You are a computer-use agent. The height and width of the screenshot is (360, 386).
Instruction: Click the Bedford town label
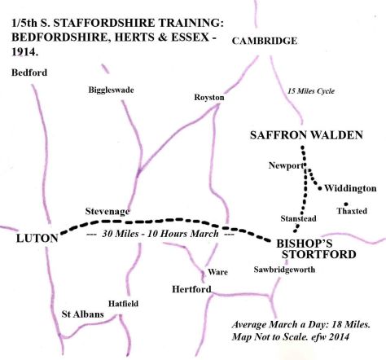[x=29, y=72]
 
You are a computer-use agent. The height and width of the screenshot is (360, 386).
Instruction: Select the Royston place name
[x=208, y=98]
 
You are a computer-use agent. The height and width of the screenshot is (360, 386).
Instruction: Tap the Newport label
[x=285, y=165]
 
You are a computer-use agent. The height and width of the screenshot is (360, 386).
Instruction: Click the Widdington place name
[x=351, y=188]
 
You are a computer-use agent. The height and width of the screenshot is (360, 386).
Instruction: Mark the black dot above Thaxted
[x=347, y=204]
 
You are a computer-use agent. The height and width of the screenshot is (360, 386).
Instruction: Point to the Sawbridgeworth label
[x=283, y=270]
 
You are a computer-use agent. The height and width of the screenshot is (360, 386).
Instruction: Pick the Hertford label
[x=192, y=289]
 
